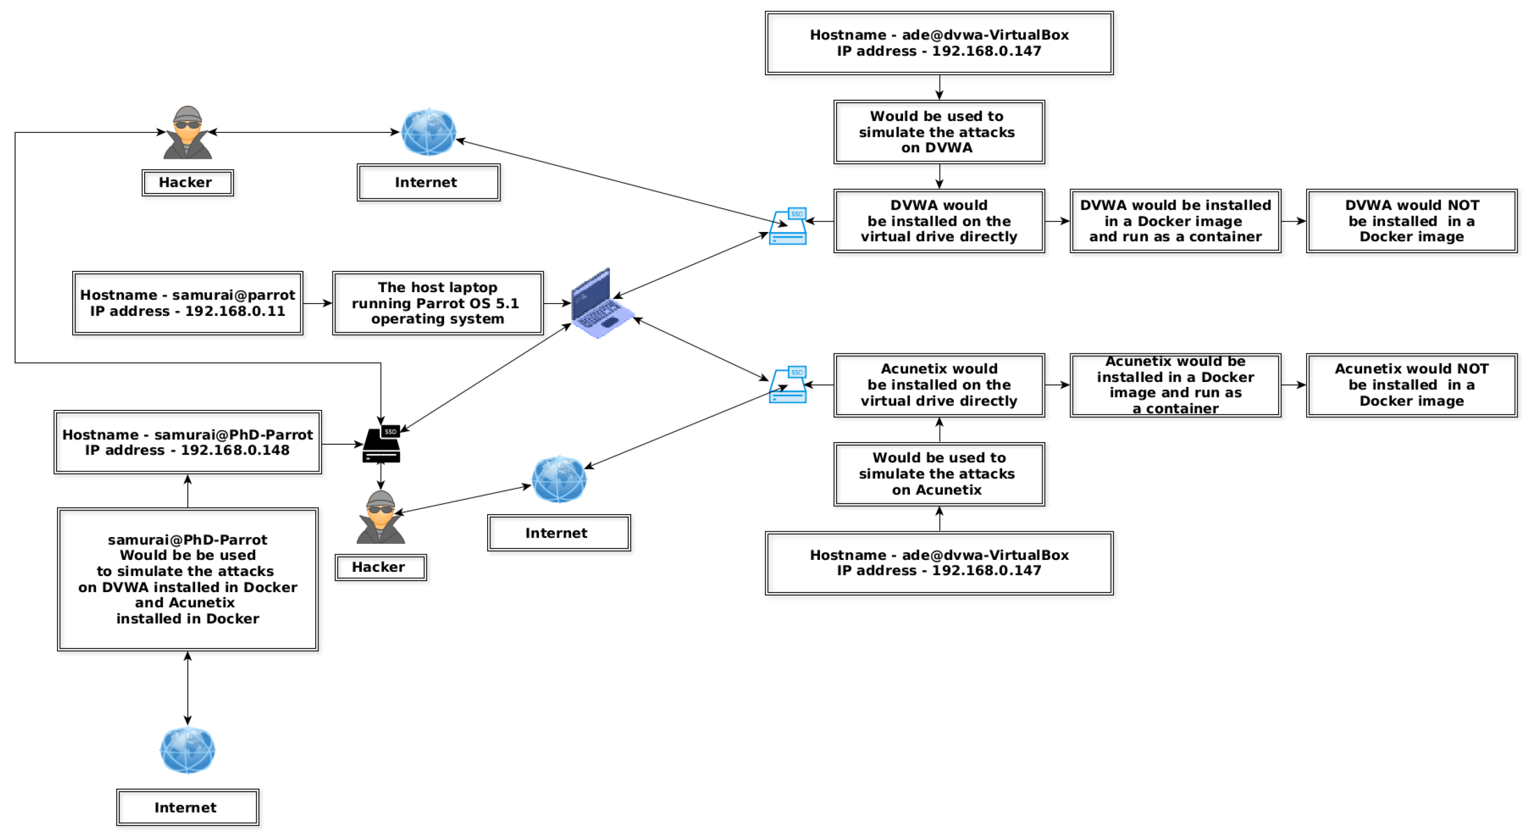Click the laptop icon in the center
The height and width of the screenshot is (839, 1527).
tap(600, 304)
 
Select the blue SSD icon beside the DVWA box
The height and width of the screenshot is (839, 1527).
tap(788, 227)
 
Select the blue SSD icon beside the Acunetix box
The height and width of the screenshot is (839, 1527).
tap(788, 385)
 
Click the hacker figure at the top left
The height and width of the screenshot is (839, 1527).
tap(187, 133)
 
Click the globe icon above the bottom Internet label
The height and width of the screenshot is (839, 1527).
tap(187, 750)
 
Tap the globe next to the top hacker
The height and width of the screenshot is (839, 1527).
tap(428, 132)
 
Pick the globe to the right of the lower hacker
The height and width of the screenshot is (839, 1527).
tap(559, 479)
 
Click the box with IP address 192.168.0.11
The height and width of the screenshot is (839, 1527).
tap(187, 303)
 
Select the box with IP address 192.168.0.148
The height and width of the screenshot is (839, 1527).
tap(187, 442)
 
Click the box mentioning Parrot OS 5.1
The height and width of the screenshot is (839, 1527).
tap(437, 303)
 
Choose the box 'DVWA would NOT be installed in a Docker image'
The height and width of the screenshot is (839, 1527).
tap(1411, 221)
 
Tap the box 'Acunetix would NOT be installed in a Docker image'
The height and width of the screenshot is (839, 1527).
tap(1411, 385)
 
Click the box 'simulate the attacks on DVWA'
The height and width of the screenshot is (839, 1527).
tap(938, 132)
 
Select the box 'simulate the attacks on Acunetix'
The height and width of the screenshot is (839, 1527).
tap(938, 474)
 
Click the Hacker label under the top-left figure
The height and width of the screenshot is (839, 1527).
tap(187, 183)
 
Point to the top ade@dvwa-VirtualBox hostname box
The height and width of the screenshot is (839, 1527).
tap(938, 43)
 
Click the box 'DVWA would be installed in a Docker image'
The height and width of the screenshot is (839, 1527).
tap(1175, 221)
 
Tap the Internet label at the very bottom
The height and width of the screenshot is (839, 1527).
tap(187, 807)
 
